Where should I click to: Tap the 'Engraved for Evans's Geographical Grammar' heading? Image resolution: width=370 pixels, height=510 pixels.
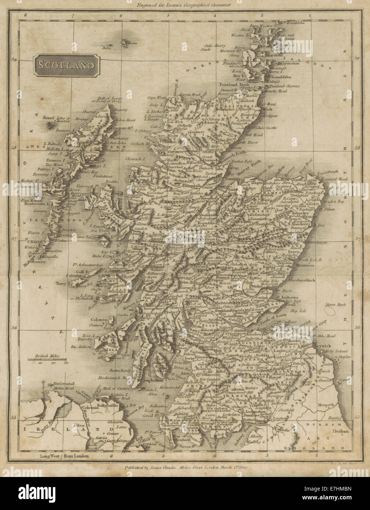pos(185,5)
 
